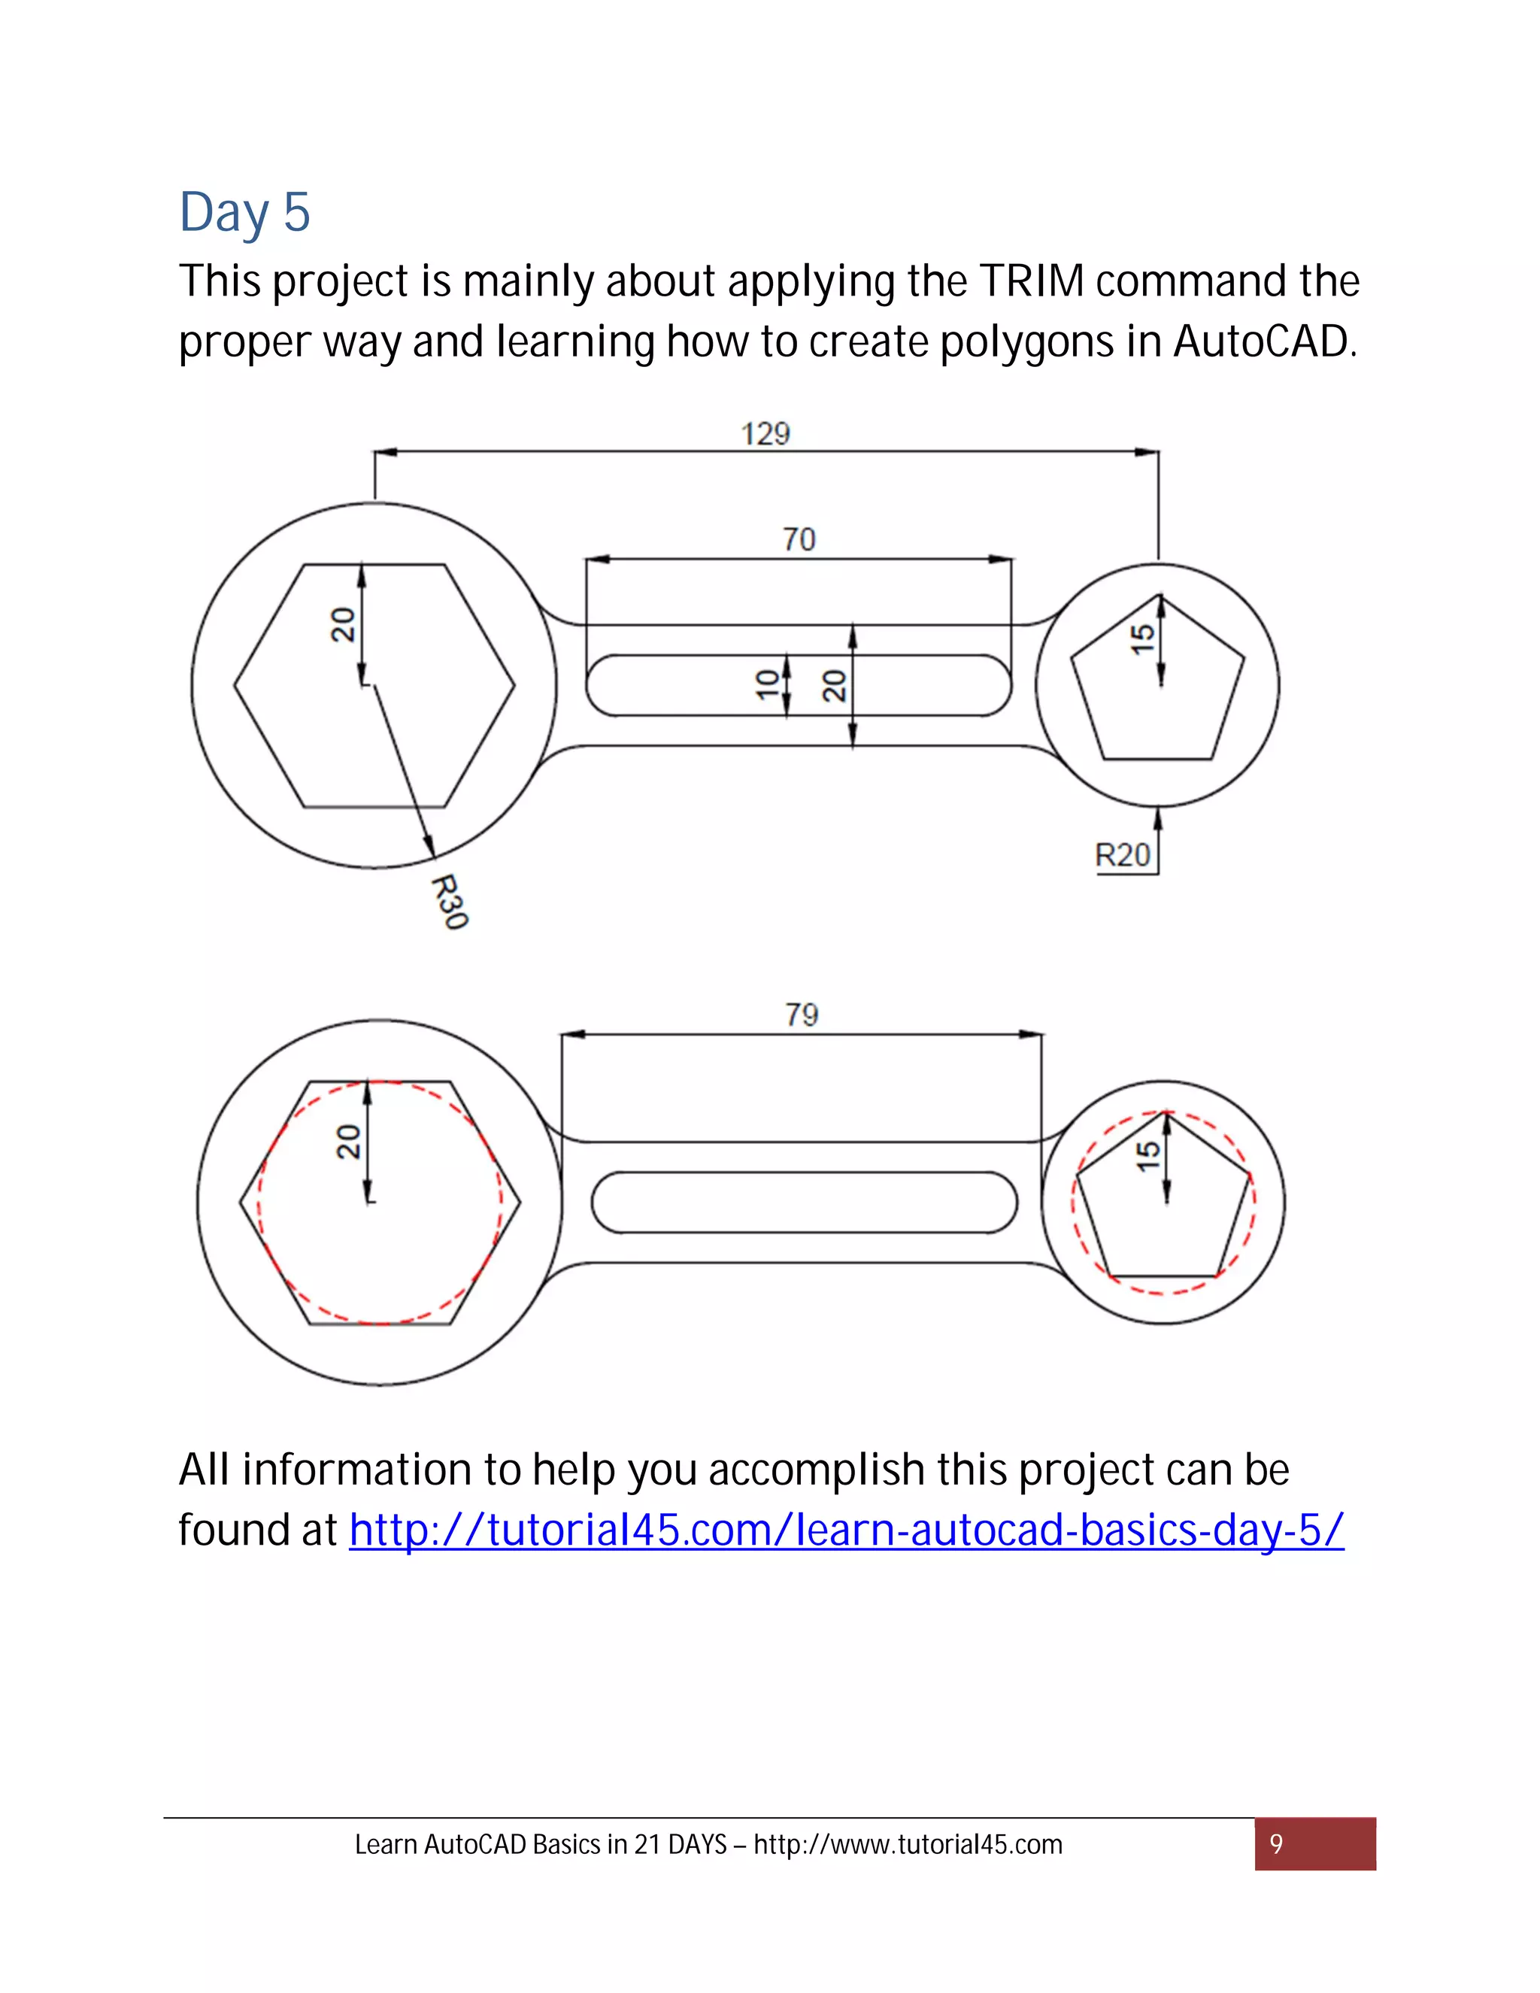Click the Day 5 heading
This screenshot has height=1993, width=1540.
tap(244, 213)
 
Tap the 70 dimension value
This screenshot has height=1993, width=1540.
tap(799, 539)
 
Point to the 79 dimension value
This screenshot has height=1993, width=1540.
tap(801, 1014)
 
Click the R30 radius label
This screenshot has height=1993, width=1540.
tap(449, 902)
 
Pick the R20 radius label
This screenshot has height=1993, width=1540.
tap(1122, 855)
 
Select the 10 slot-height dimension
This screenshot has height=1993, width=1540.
tap(768, 684)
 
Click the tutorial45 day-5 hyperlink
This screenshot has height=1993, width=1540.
tap(846, 1530)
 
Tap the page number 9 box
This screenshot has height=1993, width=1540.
tap(1314, 1844)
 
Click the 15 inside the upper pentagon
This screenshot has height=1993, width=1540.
tap(1142, 638)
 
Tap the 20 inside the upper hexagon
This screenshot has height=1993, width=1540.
tap(342, 625)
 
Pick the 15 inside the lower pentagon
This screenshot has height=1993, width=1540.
tap(1147, 1156)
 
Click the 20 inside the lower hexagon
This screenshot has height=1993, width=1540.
tap(347, 1142)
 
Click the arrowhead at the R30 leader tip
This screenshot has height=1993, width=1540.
tap(429, 848)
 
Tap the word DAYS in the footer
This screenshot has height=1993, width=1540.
tap(697, 1844)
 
